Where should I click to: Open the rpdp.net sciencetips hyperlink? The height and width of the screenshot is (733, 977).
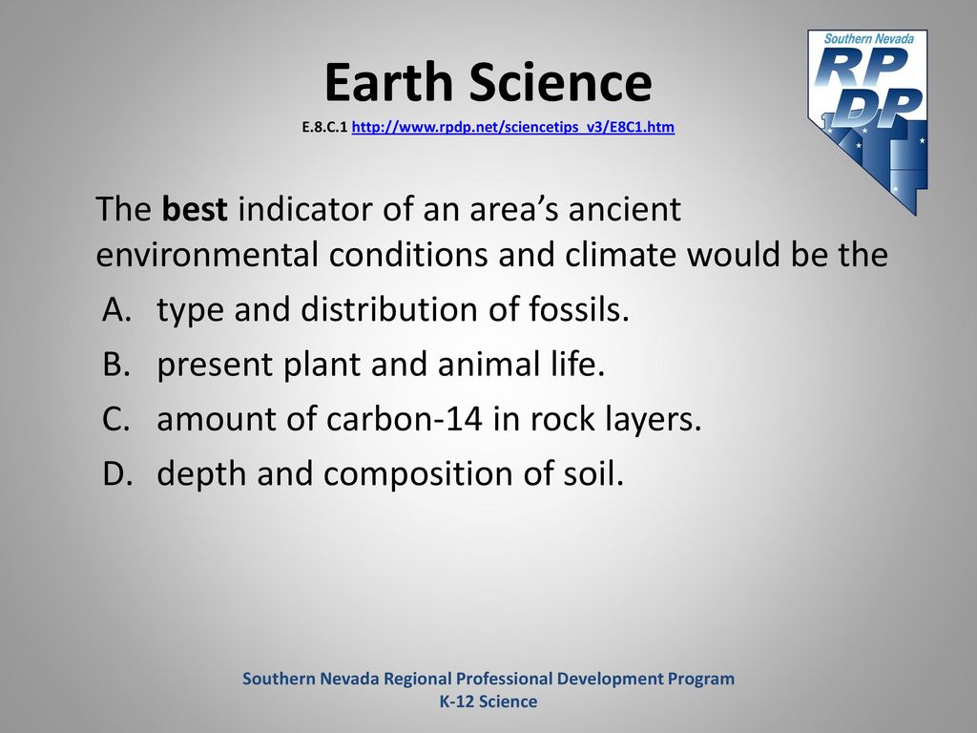click(x=512, y=127)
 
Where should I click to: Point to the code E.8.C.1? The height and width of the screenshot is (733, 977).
click(x=324, y=127)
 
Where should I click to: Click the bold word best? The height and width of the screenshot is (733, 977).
click(x=195, y=208)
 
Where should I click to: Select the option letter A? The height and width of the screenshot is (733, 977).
click(x=117, y=309)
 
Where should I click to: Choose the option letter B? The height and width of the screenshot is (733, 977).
click(x=116, y=364)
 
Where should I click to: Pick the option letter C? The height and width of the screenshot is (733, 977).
click(x=116, y=419)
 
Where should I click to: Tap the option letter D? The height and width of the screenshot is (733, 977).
click(x=117, y=473)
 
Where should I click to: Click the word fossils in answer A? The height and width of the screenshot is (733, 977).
click(x=579, y=308)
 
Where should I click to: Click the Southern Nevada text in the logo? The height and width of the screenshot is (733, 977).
click(x=868, y=38)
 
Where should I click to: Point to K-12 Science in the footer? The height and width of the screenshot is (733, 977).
click(x=488, y=702)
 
